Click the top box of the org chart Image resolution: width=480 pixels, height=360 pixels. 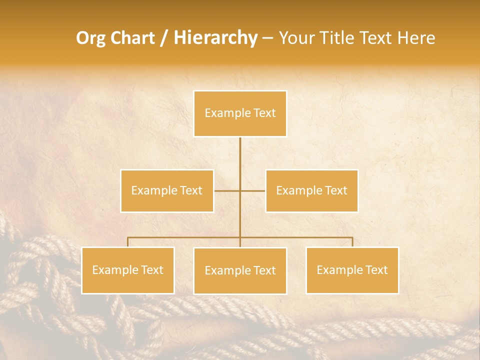point(240,113)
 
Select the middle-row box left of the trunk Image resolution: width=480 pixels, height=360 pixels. point(167,190)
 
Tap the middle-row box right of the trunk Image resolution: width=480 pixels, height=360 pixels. point(311,190)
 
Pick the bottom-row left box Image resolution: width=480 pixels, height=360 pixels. point(127,270)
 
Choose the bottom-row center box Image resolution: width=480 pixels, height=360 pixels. point(240,270)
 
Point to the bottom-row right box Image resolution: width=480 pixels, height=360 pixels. point(352,270)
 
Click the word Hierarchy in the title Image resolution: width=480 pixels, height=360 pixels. point(215,38)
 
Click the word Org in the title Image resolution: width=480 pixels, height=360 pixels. point(90,38)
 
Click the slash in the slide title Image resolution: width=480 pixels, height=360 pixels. point(164,38)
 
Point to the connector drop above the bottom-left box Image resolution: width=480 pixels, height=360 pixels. point(127,242)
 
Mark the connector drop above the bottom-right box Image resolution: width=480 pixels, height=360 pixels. point(352,242)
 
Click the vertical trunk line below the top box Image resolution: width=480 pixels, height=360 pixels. point(240,160)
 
